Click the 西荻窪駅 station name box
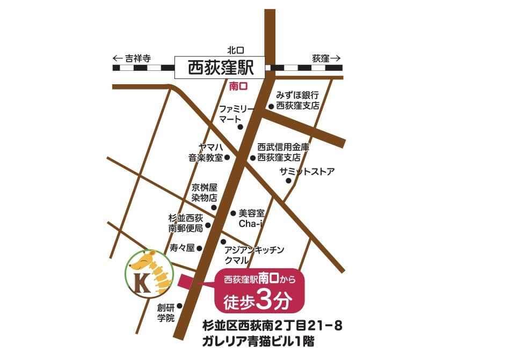220,68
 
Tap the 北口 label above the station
236,50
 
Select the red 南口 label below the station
237,85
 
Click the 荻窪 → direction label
326,58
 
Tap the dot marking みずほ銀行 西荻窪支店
271,106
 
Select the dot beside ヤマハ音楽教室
227,158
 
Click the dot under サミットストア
288,181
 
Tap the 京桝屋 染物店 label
204,193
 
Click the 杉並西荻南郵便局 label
186,223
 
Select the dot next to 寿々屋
199,248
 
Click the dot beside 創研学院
179,307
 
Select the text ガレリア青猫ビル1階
258,341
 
